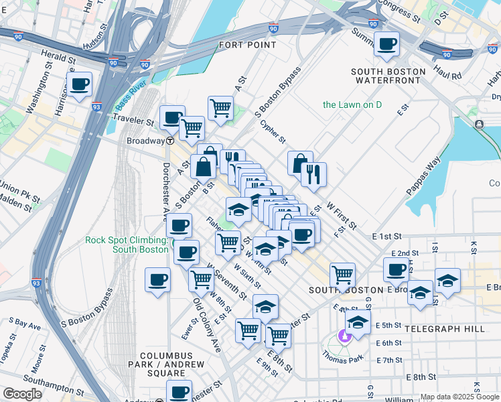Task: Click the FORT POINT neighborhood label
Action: (x=247, y=45)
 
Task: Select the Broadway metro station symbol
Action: (x=171, y=141)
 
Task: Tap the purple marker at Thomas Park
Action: (x=345, y=335)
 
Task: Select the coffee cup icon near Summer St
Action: (x=386, y=44)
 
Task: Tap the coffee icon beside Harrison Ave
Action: (x=79, y=84)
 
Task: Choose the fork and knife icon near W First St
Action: (x=313, y=174)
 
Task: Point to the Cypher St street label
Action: (x=273, y=131)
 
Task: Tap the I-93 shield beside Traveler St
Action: (x=97, y=106)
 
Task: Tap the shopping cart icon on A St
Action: (x=220, y=107)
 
